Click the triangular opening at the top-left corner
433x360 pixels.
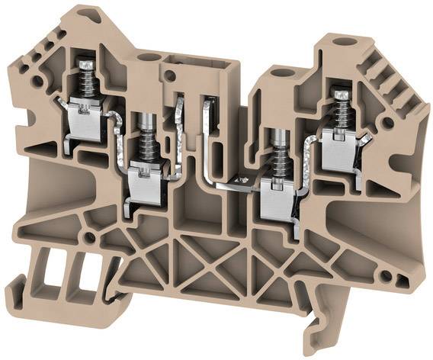[x=91, y=14]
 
